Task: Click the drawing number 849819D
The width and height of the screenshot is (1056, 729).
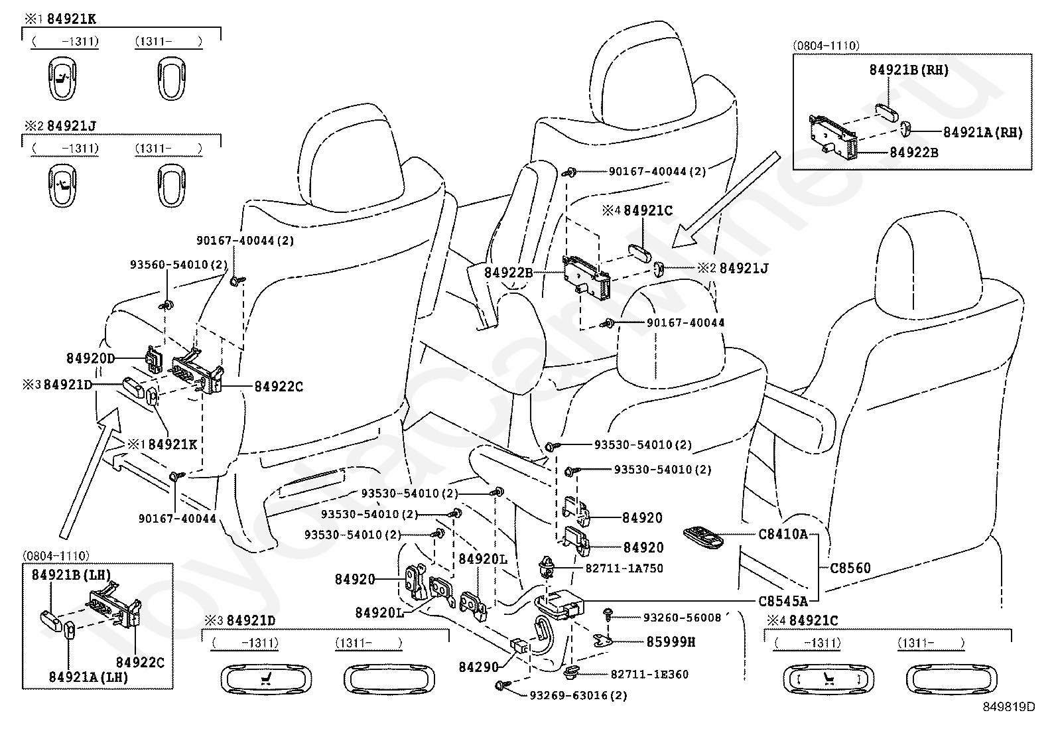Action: point(1009,707)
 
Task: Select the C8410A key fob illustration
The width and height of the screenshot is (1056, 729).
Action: point(703,537)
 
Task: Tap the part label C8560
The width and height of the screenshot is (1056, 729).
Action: point(850,568)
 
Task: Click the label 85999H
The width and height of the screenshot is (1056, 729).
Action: point(671,641)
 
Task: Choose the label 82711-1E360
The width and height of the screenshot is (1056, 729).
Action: point(649,675)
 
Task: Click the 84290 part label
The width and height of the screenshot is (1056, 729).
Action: point(478,667)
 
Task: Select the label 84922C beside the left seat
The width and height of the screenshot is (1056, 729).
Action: point(279,387)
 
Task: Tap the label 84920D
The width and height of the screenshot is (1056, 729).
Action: point(90,358)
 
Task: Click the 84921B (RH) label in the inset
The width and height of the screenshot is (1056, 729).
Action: point(909,70)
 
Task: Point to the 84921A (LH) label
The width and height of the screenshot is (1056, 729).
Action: point(89,677)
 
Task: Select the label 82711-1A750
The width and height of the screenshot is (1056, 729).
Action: point(624,568)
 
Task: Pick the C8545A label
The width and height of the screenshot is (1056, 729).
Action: point(783,601)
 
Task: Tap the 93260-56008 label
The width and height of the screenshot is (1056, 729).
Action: point(682,618)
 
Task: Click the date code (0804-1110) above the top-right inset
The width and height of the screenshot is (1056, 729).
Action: point(826,46)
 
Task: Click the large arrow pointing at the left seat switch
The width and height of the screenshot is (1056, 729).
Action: point(89,472)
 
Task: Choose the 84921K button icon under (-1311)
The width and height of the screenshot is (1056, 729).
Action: point(62,78)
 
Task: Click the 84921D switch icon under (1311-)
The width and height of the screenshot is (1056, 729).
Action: point(389,679)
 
